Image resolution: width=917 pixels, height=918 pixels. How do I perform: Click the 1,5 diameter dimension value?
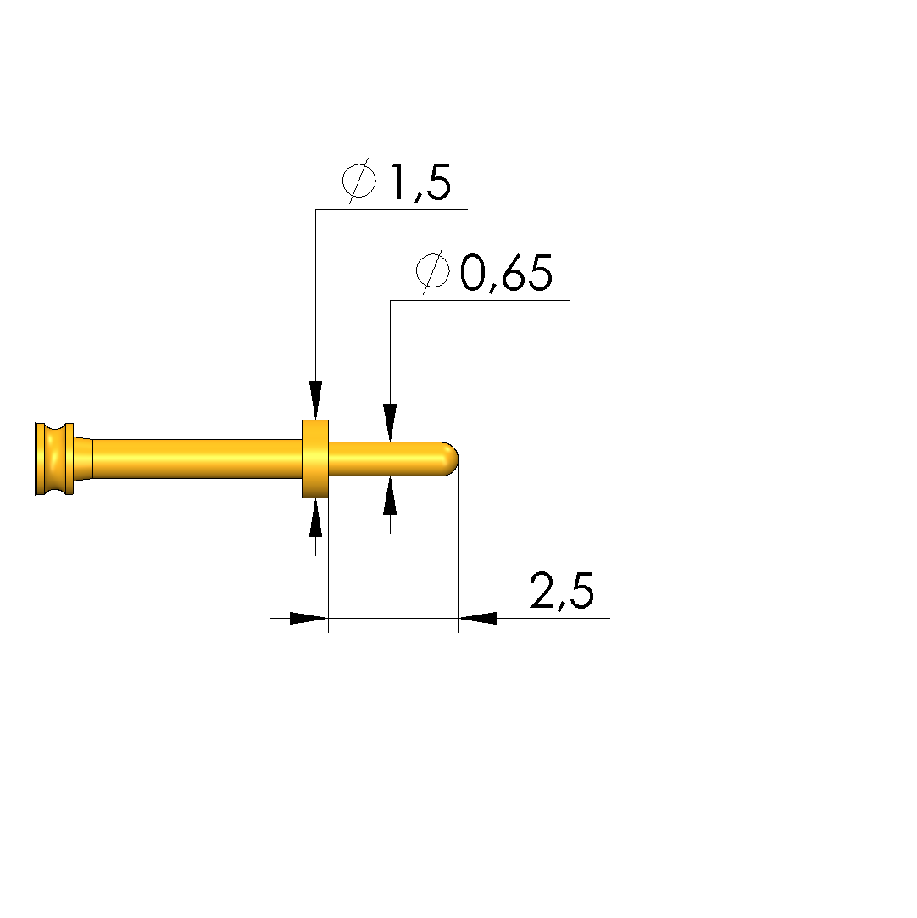pyautogui.click(x=420, y=182)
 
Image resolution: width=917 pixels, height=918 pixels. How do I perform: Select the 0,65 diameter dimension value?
pyautogui.click(x=506, y=272)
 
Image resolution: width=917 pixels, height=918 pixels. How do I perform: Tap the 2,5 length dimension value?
pyautogui.click(x=562, y=591)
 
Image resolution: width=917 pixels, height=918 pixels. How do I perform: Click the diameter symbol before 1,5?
pyautogui.click(x=358, y=181)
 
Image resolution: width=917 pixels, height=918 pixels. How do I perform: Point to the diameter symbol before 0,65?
pyautogui.click(x=433, y=270)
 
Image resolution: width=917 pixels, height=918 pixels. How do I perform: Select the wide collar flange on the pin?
pyautogui.click(x=315, y=459)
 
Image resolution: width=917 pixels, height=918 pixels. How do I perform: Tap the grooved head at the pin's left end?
pyautogui.click(x=54, y=459)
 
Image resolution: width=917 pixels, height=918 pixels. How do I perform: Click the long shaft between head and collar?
pyautogui.click(x=197, y=459)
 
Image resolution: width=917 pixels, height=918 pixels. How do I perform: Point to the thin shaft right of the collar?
pyautogui.click(x=386, y=459)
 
